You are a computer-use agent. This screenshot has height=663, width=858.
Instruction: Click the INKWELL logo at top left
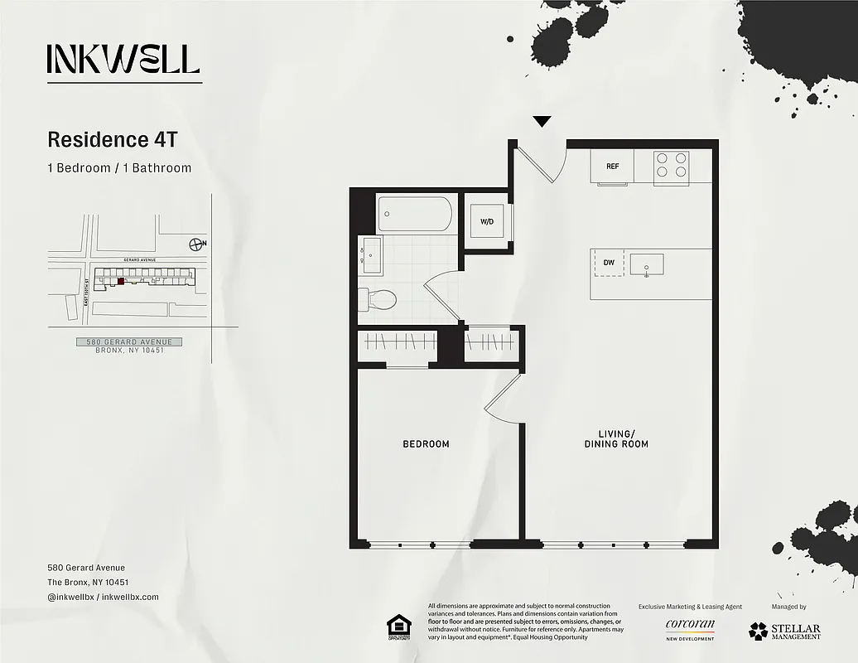click(123, 59)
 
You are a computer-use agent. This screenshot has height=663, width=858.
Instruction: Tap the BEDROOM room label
click(426, 444)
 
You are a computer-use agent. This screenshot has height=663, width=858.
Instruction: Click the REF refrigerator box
click(612, 167)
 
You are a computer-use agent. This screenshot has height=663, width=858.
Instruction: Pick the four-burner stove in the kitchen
click(671, 166)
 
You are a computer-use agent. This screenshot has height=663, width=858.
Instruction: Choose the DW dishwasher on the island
click(609, 263)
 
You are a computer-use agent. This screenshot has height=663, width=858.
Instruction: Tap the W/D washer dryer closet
click(486, 221)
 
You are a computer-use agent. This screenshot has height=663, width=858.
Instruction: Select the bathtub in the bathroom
click(415, 214)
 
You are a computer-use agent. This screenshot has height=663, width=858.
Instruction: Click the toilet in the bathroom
click(378, 298)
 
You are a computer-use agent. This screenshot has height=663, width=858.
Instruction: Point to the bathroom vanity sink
click(369, 255)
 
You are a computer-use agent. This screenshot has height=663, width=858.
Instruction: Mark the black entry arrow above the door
click(542, 122)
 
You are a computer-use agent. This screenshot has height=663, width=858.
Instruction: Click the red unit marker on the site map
click(121, 281)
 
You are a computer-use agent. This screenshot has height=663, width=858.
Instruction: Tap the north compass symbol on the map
click(196, 244)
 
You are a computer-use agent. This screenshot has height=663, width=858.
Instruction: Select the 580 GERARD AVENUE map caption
click(129, 342)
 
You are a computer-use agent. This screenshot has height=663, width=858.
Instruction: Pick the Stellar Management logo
click(784, 631)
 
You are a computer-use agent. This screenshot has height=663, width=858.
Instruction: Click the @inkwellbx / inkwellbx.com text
click(103, 597)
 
